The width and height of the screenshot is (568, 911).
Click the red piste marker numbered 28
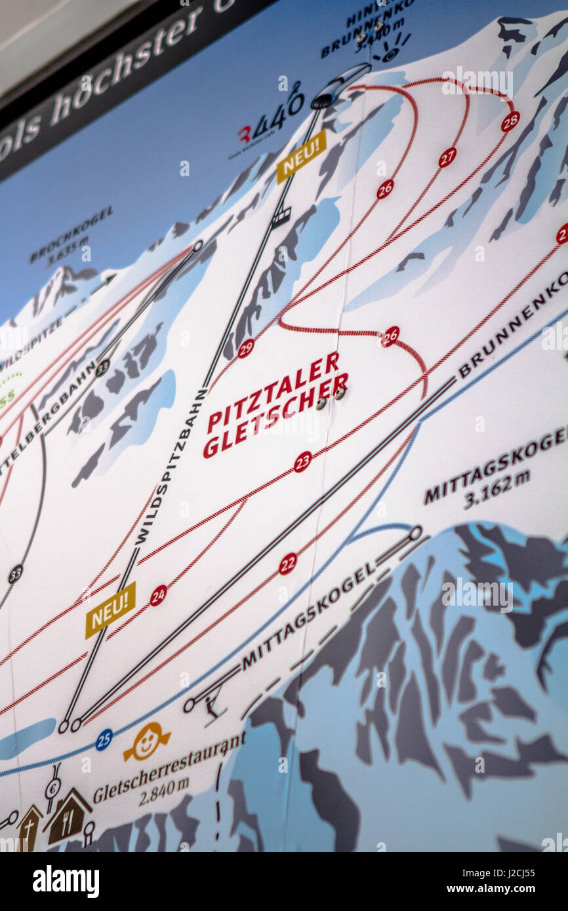point(510,121)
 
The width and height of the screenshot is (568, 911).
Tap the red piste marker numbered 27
point(447,157)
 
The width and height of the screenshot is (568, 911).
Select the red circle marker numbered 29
point(245,348)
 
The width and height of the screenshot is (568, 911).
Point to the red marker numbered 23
point(302,461)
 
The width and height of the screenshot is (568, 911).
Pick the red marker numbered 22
point(287,564)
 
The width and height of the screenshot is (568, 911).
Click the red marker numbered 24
point(158,595)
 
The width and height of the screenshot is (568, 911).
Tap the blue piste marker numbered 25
point(104,739)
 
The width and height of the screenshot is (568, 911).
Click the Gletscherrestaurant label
point(169,766)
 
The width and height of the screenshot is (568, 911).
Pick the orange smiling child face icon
point(147,742)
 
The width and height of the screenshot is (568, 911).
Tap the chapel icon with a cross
point(29,828)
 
